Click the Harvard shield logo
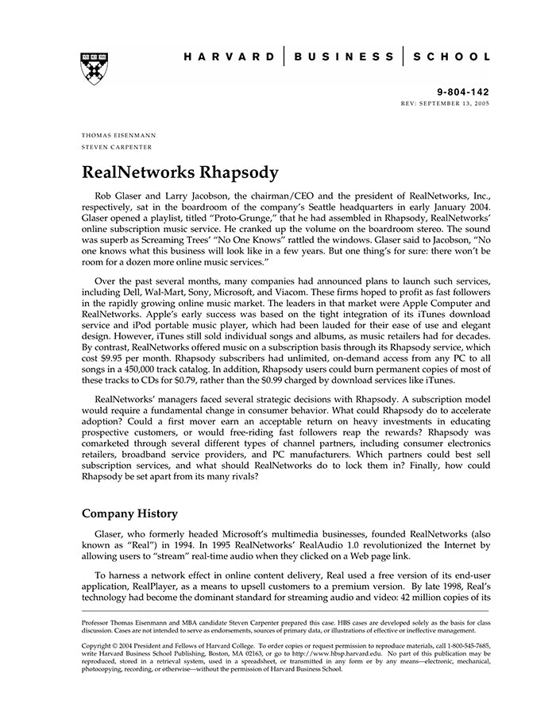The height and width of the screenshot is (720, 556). (x=92, y=68)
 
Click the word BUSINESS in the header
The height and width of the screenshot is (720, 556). (x=343, y=57)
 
